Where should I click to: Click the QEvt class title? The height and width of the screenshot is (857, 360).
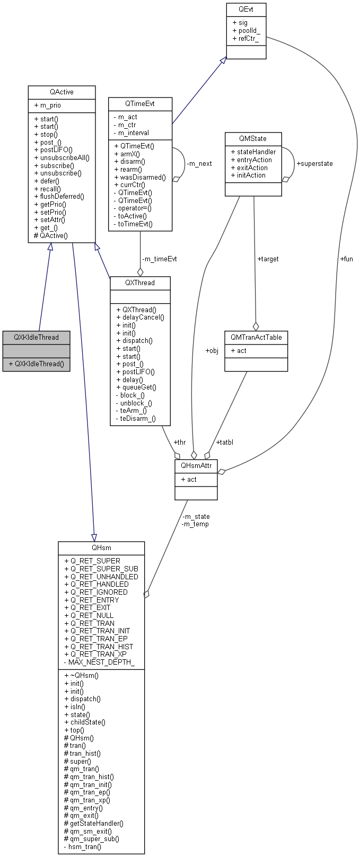pyautogui.click(x=245, y=9)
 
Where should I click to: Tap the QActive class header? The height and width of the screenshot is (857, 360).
pyautogui.click(x=62, y=92)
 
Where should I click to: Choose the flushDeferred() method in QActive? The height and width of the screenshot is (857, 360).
pyautogui.click(x=62, y=197)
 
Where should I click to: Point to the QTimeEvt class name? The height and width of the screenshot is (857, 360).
pyautogui.click(x=140, y=103)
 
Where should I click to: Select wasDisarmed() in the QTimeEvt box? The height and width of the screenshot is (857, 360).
pyautogui.click(x=142, y=178)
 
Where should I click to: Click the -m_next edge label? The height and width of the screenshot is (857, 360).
pyautogui.click(x=199, y=164)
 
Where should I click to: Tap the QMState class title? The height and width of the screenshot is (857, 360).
pyautogui.click(x=253, y=138)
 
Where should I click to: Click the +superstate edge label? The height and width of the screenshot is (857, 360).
pyautogui.click(x=314, y=164)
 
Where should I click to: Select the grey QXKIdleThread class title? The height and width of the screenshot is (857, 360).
pyautogui.click(x=36, y=338)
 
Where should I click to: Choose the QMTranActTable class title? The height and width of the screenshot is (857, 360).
pyautogui.click(x=256, y=338)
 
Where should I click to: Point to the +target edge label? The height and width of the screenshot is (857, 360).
pyautogui.click(x=268, y=259)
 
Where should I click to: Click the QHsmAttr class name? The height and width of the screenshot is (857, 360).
pyautogui.click(x=196, y=465)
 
